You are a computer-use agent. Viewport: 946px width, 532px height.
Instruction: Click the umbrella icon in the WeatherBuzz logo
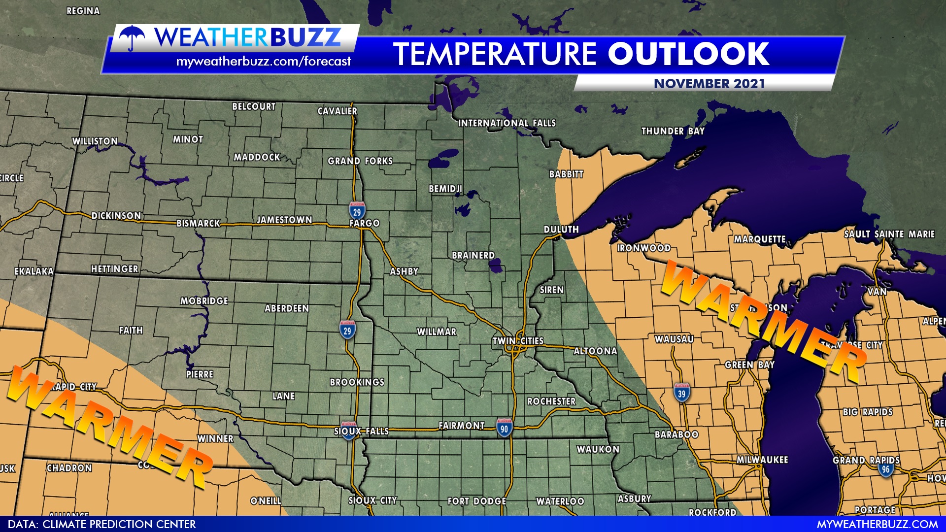(132, 37)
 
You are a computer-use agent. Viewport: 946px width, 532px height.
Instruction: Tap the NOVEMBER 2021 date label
(709, 84)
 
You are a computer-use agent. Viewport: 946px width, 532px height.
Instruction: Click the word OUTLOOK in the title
(688, 54)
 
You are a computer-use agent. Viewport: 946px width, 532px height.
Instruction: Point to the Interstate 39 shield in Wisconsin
(681, 393)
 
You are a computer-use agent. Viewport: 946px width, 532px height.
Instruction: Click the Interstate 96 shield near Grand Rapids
(885, 468)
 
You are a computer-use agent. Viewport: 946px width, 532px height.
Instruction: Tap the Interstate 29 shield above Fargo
(357, 211)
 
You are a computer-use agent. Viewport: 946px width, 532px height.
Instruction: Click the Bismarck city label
(198, 223)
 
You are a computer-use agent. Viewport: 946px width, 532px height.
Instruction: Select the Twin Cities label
(518, 341)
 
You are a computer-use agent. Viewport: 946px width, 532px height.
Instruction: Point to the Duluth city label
(561, 230)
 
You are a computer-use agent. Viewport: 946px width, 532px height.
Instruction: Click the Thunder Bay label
(673, 131)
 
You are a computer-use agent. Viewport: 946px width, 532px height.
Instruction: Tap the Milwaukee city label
(762, 460)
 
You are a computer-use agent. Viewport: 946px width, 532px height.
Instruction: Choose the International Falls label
(507, 123)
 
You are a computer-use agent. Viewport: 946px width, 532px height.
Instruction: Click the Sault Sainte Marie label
(889, 234)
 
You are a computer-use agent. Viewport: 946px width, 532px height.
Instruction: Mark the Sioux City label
(372, 500)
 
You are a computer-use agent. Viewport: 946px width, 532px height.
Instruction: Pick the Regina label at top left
(83, 11)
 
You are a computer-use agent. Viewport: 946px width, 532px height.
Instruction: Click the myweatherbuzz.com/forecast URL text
(263, 62)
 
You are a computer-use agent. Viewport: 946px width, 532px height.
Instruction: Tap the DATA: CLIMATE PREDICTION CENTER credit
(101, 524)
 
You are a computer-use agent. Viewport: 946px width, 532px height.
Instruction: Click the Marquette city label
(759, 239)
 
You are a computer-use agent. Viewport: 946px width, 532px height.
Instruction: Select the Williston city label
(95, 141)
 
